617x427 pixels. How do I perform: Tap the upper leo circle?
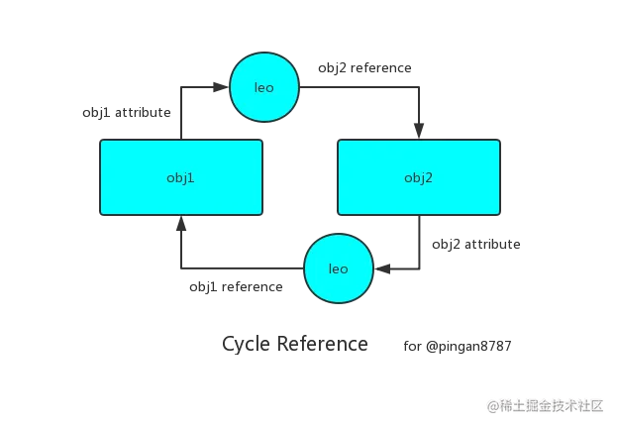[x=264, y=88]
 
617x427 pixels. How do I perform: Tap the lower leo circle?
[x=339, y=267]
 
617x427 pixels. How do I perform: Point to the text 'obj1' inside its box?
[x=180, y=177]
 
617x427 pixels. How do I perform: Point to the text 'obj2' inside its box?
[x=418, y=177]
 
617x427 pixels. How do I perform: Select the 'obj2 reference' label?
[x=364, y=68]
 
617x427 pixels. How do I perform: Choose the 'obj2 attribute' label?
[x=476, y=244]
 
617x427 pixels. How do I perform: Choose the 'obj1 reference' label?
[x=238, y=286]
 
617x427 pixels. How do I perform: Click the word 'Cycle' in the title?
[x=246, y=345]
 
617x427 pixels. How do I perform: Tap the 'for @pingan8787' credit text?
[x=459, y=348]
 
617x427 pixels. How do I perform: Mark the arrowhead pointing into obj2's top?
[x=420, y=131]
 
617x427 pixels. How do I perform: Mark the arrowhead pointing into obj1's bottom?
[x=179, y=219]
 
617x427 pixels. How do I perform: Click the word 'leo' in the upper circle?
[x=264, y=88]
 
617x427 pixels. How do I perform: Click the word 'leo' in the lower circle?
[x=339, y=267]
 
